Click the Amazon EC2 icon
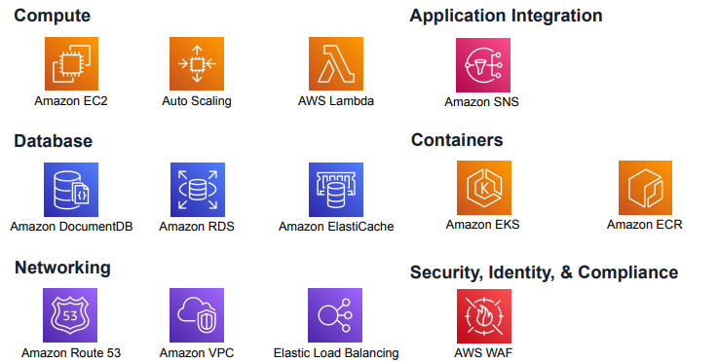(71, 64)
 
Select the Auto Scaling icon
(197, 64)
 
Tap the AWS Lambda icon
(336, 64)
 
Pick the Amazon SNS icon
(482, 65)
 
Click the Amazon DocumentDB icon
(71, 189)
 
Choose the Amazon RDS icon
(197, 189)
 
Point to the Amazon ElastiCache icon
(336, 189)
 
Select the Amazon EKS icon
(483, 188)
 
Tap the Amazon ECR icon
(645, 188)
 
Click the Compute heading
(53, 16)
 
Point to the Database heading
(53, 141)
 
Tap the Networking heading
(62, 268)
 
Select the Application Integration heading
(506, 16)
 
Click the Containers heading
(457, 140)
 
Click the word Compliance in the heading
(627, 272)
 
